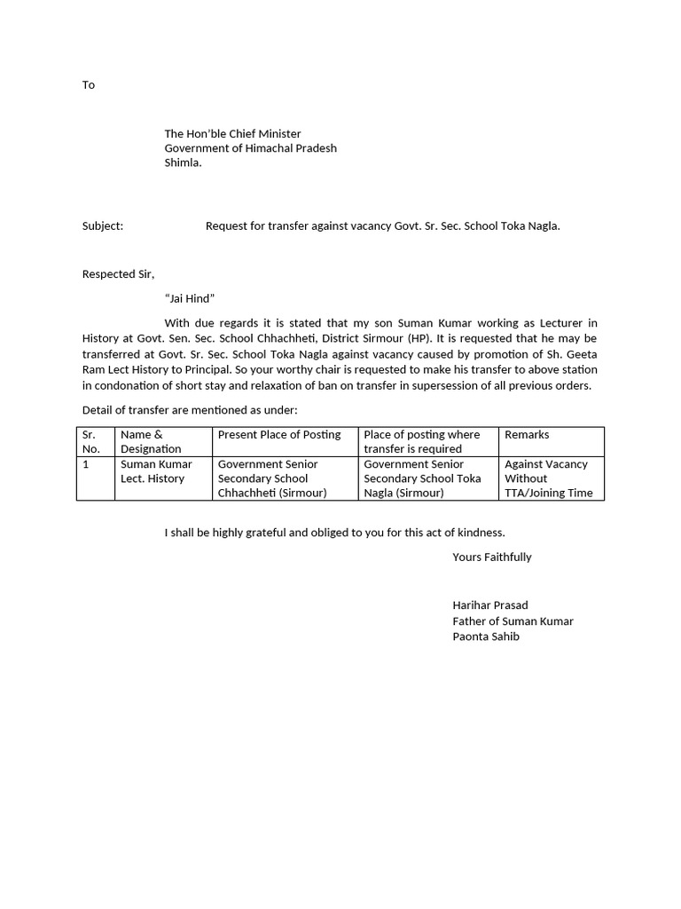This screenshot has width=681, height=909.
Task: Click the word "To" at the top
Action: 89,85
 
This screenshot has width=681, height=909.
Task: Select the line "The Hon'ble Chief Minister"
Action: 232,134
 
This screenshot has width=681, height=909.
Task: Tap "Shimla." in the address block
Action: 183,162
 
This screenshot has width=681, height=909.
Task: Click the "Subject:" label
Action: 103,226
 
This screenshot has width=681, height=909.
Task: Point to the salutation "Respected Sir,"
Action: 118,274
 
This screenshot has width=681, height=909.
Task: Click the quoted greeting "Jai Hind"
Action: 190,298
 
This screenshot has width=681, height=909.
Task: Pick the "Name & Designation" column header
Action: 152,441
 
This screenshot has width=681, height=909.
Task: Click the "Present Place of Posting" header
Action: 279,435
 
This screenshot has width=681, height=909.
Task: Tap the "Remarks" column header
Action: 527,435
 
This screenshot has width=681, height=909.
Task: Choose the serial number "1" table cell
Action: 85,464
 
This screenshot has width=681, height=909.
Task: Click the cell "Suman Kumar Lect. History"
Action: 156,471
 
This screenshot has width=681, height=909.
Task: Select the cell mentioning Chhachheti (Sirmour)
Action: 272,478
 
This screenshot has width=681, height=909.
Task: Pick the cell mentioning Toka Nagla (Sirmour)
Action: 422,478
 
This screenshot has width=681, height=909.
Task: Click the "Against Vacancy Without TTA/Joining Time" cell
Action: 548,478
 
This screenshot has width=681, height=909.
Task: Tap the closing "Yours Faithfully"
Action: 491,557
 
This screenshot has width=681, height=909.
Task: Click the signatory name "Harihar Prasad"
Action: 489,605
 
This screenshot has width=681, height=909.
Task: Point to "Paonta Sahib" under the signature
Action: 486,636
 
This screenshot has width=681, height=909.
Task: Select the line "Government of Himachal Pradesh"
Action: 250,148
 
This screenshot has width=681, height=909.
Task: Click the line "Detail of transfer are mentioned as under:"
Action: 190,410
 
